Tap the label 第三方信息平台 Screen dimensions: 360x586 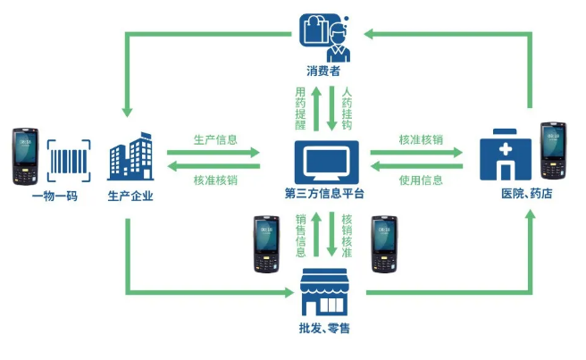point(326,195)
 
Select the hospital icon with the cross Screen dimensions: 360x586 point(502,157)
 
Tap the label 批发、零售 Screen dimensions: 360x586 point(325,328)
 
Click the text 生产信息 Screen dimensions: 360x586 point(215,140)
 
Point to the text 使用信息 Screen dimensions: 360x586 point(421,180)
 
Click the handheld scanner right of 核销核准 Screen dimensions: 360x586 point(384,241)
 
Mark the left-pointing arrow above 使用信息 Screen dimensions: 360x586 point(415,164)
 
